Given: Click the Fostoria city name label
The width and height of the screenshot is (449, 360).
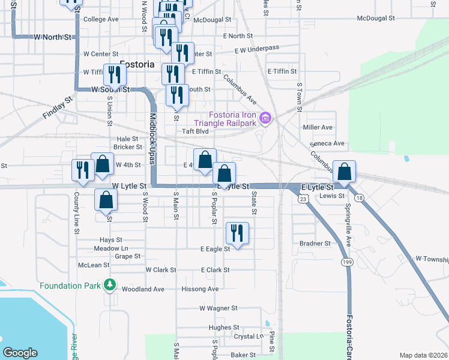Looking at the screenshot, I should click(x=137, y=64).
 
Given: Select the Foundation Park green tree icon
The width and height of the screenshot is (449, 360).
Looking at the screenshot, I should click(x=109, y=284).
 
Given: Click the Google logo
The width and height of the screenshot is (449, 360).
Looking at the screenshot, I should click(x=20, y=353).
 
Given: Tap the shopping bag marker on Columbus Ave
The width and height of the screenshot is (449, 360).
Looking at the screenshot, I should click(x=345, y=172).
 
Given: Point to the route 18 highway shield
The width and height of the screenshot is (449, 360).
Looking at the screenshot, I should click(x=359, y=197).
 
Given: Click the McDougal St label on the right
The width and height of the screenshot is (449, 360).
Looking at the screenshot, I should click(x=375, y=19).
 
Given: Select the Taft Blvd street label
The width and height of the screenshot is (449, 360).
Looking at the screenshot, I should click(x=195, y=131).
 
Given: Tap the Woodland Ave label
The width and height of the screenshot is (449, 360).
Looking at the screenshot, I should click(x=143, y=289).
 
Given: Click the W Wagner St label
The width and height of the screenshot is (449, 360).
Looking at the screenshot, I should click(x=218, y=308).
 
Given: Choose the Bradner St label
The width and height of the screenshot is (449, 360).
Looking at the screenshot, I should click(x=315, y=244).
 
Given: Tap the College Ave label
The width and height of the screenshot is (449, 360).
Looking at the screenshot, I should click(x=101, y=19).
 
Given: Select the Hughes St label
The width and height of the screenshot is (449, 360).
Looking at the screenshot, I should click(x=224, y=328).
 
